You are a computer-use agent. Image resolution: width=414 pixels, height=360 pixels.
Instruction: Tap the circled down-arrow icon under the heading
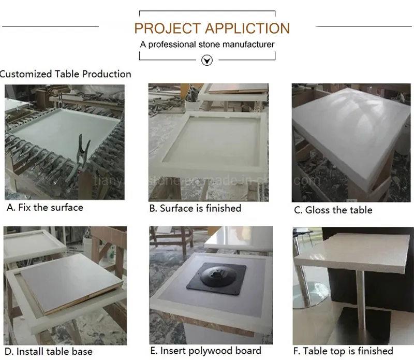pos(207,61)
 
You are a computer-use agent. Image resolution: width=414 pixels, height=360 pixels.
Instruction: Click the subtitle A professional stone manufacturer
pos(207,45)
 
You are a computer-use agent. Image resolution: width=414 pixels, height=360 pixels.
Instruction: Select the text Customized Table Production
pos(65,74)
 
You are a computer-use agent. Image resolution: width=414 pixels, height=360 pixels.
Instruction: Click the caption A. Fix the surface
pos(45,208)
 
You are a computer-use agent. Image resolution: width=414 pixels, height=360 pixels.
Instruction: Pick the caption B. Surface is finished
pos(195,208)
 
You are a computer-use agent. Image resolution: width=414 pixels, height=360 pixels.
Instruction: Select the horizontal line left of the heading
pos(49,25)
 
